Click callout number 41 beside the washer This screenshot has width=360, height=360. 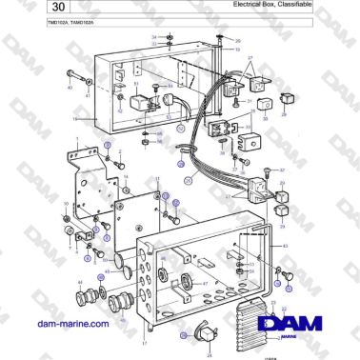click(x=89, y=96)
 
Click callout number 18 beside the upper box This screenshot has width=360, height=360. click(x=74, y=118)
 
